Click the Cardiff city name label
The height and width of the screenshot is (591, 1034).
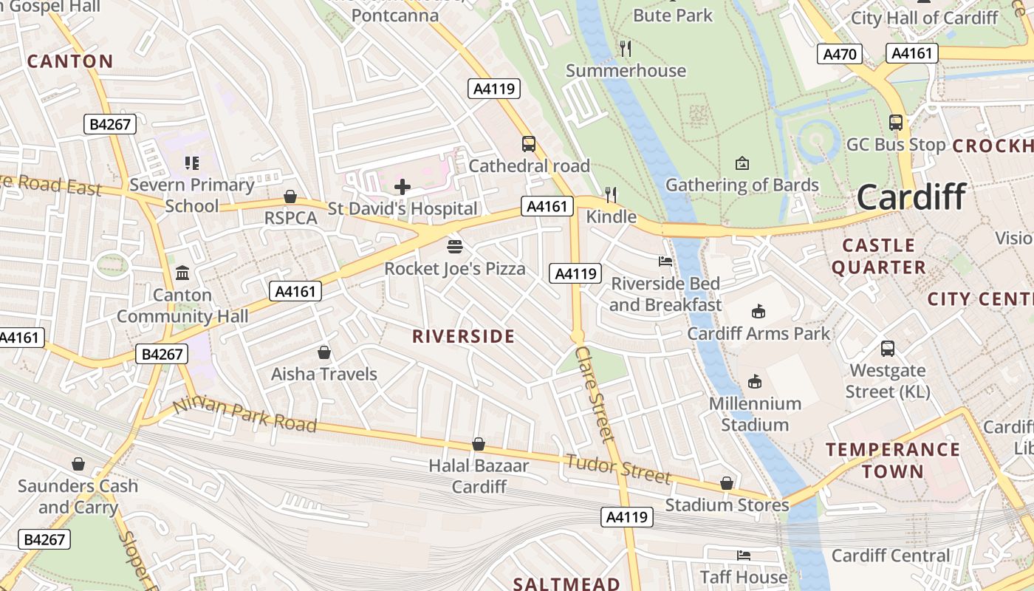tap(911, 197)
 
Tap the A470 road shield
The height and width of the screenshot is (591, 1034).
tap(840, 54)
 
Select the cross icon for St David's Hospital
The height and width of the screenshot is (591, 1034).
tap(403, 187)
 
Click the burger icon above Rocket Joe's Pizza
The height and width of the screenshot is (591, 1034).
tap(455, 246)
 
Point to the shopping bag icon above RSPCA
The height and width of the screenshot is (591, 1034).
tap(290, 197)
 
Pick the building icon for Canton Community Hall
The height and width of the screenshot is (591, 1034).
tap(182, 273)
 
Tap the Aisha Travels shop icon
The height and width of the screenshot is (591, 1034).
tap(323, 352)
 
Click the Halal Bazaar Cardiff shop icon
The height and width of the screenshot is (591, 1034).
tap(479, 444)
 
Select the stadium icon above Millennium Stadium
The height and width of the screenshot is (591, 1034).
tap(754, 382)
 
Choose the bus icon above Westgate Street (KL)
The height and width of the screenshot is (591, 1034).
tap(888, 348)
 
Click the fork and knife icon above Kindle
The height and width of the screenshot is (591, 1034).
tap(611, 195)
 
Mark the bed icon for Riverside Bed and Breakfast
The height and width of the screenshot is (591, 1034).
tap(665, 262)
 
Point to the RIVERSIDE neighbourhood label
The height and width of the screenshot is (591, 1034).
tap(463, 337)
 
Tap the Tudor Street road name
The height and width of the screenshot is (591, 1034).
tap(617, 468)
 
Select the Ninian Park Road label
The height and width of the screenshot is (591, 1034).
tap(244, 416)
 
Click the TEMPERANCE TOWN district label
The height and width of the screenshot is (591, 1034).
tap(892, 460)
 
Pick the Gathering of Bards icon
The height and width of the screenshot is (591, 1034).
tap(742, 163)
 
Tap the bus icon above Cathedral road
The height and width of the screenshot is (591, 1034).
tap(529, 143)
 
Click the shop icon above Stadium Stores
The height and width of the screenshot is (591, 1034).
tap(727, 483)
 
